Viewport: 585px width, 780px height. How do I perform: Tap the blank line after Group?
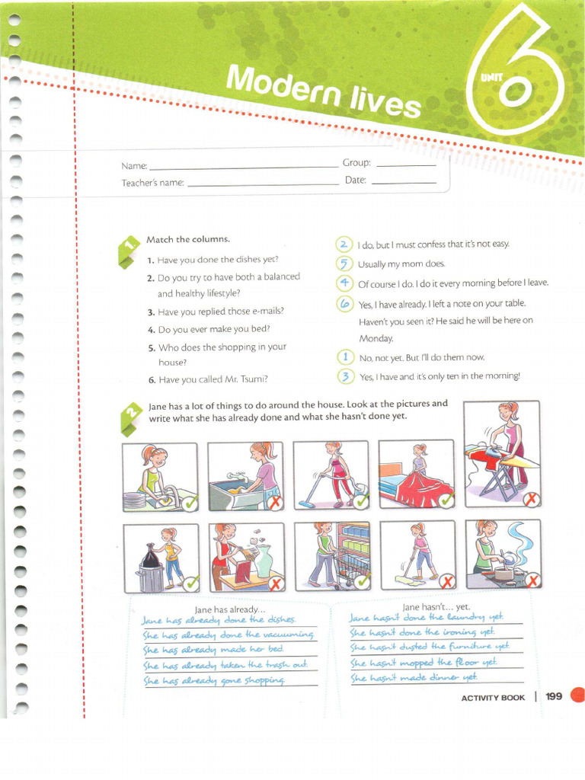tap(406, 165)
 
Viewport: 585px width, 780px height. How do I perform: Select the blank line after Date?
tap(404, 183)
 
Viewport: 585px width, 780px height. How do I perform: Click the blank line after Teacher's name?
tap(262, 184)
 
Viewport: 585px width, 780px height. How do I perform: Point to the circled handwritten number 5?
tap(344, 264)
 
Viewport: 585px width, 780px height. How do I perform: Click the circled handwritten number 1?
tap(345, 356)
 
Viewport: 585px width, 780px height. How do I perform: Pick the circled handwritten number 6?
tap(344, 303)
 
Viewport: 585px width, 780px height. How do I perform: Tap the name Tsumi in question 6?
tap(254, 379)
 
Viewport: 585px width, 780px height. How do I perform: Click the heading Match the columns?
tap(187, 239)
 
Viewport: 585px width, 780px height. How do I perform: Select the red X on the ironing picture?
tap(530, 500)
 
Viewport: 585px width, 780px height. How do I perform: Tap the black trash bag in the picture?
tap(151, 558)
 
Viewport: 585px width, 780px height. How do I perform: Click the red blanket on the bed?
tap(424, 487)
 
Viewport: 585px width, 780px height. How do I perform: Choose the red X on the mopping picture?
tap(447, 582)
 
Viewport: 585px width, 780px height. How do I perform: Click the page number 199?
tap(554, 696)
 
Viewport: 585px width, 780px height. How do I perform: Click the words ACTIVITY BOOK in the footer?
tap(493, 698)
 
